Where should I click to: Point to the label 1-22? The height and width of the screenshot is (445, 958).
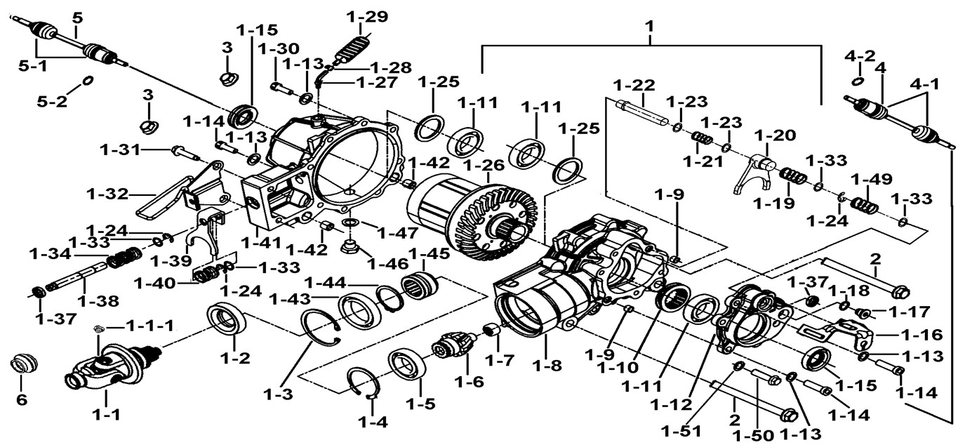tap(634, 86)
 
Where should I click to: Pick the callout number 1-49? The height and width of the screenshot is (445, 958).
tap(870, 178)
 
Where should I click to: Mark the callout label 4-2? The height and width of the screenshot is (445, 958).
tap(860, 54)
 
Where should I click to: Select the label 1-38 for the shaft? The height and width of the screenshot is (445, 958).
tap(98, 301)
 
